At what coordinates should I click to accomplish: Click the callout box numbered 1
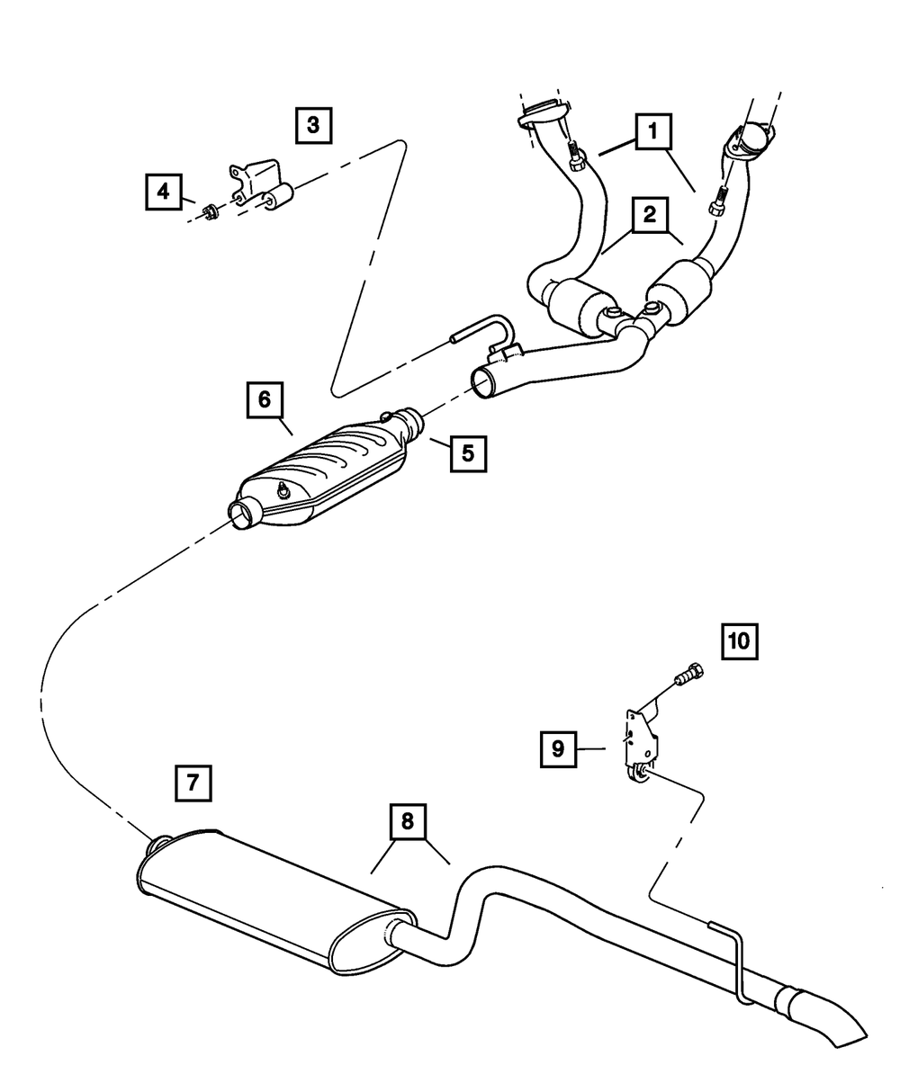pos(653,132)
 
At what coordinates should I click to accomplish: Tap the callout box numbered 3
pos(312,125)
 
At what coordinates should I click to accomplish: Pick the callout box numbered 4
pos(162,191)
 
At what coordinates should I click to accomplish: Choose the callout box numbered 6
pos(265,399)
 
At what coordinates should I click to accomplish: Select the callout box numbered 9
pos(558,748)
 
